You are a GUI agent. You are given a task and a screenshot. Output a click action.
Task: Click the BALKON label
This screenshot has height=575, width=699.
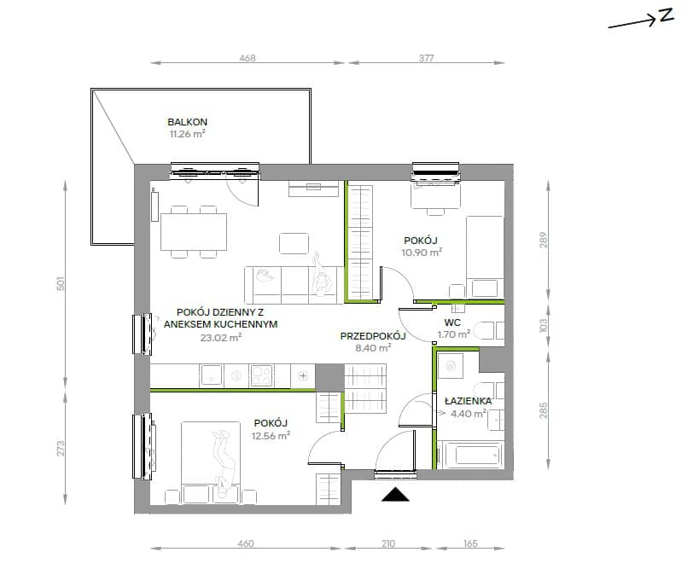(x=187, y=122)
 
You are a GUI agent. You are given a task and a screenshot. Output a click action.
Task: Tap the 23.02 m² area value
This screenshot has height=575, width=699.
(x=221, y=338)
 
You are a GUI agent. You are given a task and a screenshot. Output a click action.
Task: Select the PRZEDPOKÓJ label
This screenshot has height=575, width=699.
(x=373, y=336)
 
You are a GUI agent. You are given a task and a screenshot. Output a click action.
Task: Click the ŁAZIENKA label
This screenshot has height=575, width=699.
(x=468, y=401)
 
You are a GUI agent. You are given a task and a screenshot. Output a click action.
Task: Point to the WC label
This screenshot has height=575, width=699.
(x=452, y=322)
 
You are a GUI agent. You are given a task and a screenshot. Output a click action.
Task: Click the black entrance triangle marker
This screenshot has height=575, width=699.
(x=395, y=494)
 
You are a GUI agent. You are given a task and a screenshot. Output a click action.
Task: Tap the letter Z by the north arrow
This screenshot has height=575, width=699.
(x=666, y=15)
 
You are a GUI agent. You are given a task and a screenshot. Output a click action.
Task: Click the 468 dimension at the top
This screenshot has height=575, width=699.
(x=248, y=58)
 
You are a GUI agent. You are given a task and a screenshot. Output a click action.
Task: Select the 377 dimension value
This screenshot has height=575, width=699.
(x=426, y=58)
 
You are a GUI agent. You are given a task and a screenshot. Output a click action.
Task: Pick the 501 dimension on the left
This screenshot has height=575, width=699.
(x=61, y=283)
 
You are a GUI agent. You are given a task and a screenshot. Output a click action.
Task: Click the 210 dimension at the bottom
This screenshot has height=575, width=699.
(x=388, y=543)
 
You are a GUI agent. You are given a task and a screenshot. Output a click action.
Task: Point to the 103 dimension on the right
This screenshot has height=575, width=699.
(x=543, y=325)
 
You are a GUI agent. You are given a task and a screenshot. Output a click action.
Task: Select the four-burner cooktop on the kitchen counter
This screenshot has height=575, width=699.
(x=262, y=375)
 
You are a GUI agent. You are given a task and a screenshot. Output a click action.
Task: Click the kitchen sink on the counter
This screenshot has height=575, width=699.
(x=212, y=375)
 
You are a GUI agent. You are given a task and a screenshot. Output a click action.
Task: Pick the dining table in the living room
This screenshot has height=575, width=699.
(x=194, y=232)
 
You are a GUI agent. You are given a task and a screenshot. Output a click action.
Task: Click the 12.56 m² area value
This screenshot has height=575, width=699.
(x=271, y=435)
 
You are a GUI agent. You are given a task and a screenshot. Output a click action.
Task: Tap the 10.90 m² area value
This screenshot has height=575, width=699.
(x=422, y=253)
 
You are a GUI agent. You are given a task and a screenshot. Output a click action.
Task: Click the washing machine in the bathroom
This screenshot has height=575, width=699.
(x=451, y=366)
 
